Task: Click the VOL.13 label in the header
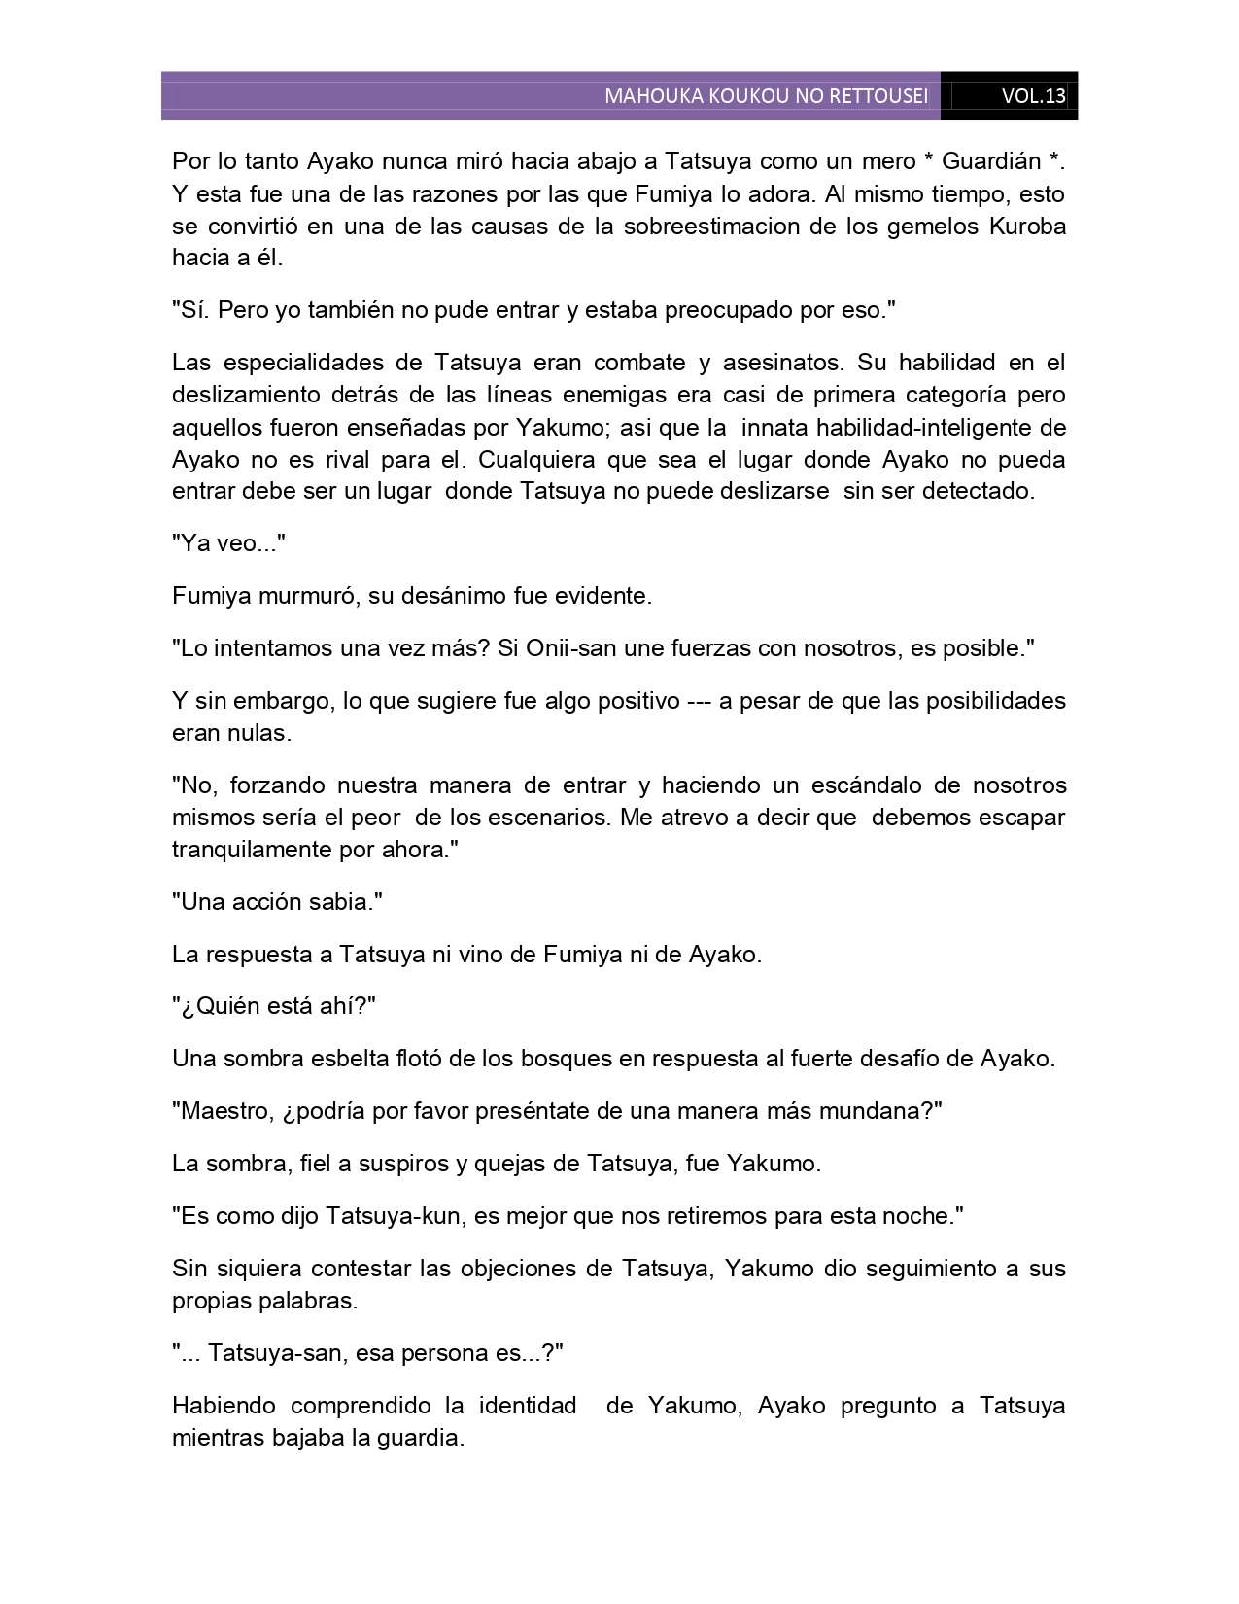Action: [1034, 95]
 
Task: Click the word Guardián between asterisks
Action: [990, 161]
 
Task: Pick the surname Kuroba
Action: [1026, 226]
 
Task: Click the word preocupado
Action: [732, 310]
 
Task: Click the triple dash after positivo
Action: [699, 700]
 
